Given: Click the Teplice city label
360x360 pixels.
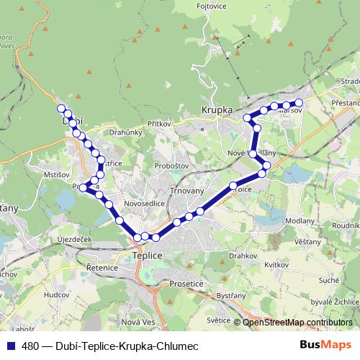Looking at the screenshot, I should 148,255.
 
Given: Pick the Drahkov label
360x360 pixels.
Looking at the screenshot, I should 243,255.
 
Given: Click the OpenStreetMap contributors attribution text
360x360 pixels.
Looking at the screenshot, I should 297,322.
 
